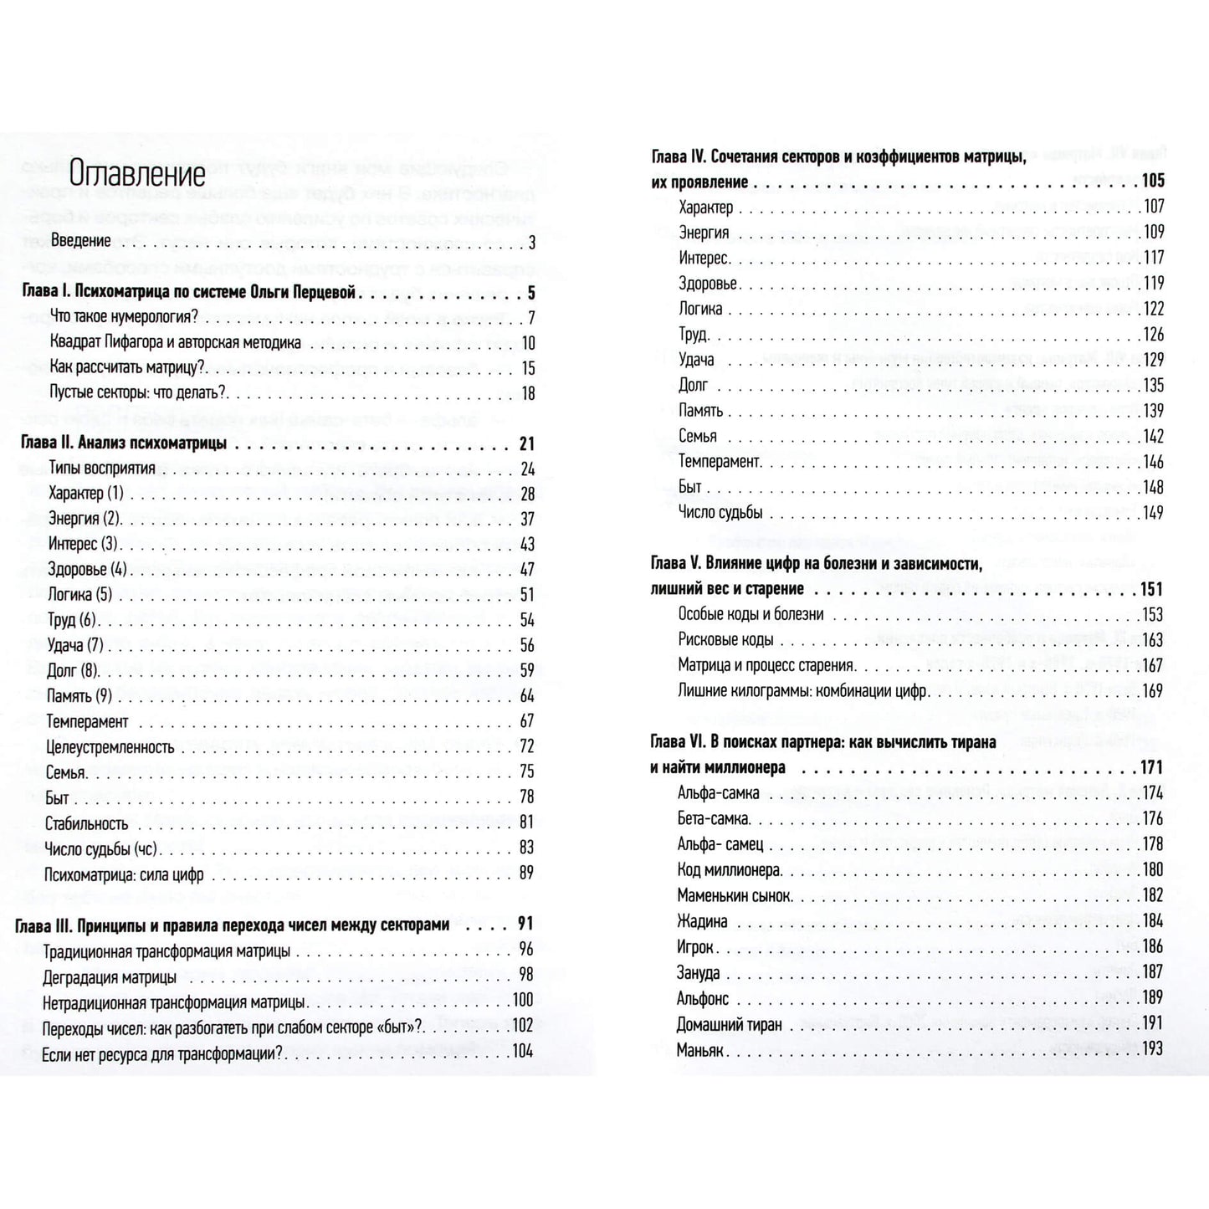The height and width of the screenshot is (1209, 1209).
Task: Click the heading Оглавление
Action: [x=137, y=176]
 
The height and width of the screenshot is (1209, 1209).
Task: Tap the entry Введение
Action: [x=80, y=241]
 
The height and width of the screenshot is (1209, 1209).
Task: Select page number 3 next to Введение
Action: [x=530, y=242]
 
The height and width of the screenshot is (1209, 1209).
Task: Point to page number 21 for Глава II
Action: [x=525, y=444]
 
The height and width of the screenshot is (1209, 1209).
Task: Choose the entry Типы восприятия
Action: [x=102, y=469]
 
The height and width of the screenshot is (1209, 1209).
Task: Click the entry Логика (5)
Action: [x=80, y=595]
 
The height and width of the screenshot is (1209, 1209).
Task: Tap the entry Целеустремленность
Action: [x=110, y=747]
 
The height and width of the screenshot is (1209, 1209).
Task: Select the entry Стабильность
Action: [x=87, y=823]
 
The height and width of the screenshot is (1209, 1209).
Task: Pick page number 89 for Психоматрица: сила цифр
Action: [x=526, y=873]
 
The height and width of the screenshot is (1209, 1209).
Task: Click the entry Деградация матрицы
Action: [x=110, y=976]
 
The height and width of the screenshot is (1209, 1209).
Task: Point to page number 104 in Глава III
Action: [x=522, y=1052]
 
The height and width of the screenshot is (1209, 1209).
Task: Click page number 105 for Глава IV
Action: [x=1152, y=181]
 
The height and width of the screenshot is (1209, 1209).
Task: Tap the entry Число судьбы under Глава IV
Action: [x=720, y=512]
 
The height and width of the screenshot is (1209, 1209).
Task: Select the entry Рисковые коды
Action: [x=725, y=640]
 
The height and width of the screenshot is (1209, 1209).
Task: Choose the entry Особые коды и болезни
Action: [x=751, y=614]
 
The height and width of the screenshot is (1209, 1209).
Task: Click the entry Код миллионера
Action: [x=729, y=870]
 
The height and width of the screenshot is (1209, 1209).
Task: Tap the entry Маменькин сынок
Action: [x=734, y=896]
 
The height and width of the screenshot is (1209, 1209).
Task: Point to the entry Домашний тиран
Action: [x=730, y=1024]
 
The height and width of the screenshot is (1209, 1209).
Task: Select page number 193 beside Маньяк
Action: [x=1152, y=1048]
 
